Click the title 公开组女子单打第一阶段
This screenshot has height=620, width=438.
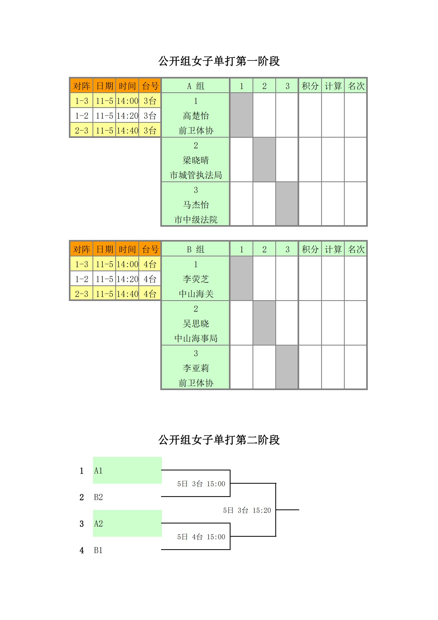[219, 61]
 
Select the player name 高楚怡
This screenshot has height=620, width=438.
[196, 116]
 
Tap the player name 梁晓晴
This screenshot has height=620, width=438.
[196, 160]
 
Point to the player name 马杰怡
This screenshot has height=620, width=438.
[196, 205]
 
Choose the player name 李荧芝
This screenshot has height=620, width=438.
[196, 279]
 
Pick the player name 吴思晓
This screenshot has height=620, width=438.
[196, 324]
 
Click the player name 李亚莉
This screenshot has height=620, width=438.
[196, 368]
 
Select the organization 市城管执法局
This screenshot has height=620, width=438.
[196, 175]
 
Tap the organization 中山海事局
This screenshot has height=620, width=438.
[196, 338]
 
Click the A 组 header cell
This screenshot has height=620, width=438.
[196, 86]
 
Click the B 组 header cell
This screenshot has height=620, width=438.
[196, 249]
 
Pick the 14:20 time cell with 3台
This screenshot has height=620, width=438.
[127, 116]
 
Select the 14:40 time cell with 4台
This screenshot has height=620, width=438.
[127, 294]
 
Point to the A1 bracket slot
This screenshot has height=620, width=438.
[127, 471]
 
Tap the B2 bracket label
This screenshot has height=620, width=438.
[98, 497]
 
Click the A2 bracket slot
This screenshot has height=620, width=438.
[127, 523]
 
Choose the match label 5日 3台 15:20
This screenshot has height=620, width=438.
[247, 510]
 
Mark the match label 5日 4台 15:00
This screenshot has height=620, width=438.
[201, 537]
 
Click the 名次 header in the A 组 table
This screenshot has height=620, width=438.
[356, 86]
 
